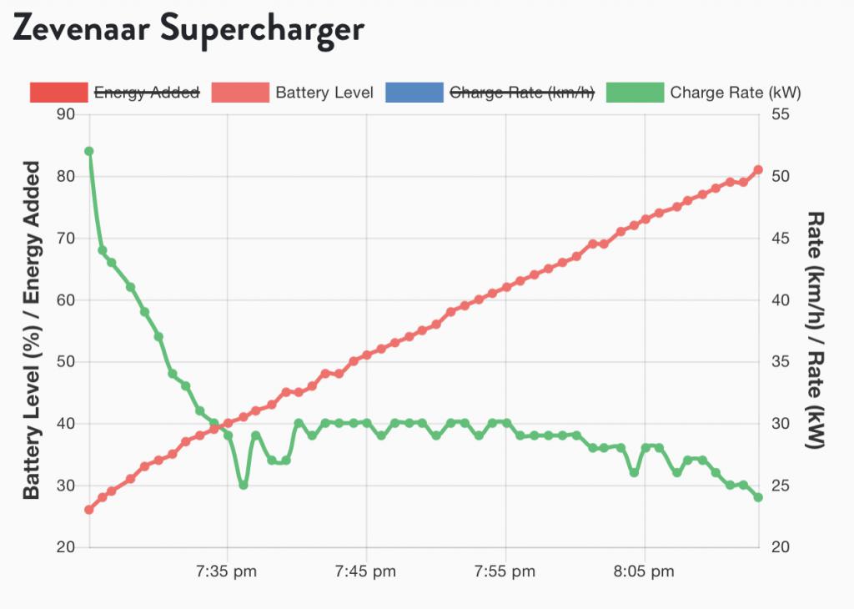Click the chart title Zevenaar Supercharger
[x=188, y=30]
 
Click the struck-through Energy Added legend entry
[x=146, y=93]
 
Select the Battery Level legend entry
[x=324, y=93]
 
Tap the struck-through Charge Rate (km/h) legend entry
[x=521, y=93]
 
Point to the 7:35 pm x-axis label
[x=227, y=572]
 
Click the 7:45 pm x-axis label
[x=366, y=572]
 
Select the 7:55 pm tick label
[x=505, y=572]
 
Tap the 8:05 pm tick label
[x=644, y=572]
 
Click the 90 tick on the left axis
[x=66, y=114]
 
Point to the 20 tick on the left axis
[x=66, y=547]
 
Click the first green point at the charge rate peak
[x=89, y=151]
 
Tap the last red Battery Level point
[x=758, y=170]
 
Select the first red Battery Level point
[x=89, y=510]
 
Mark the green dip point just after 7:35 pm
[x=243, y=485]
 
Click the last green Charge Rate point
[x=758, y=497]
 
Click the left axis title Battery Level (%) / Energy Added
[x=32, y=331]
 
